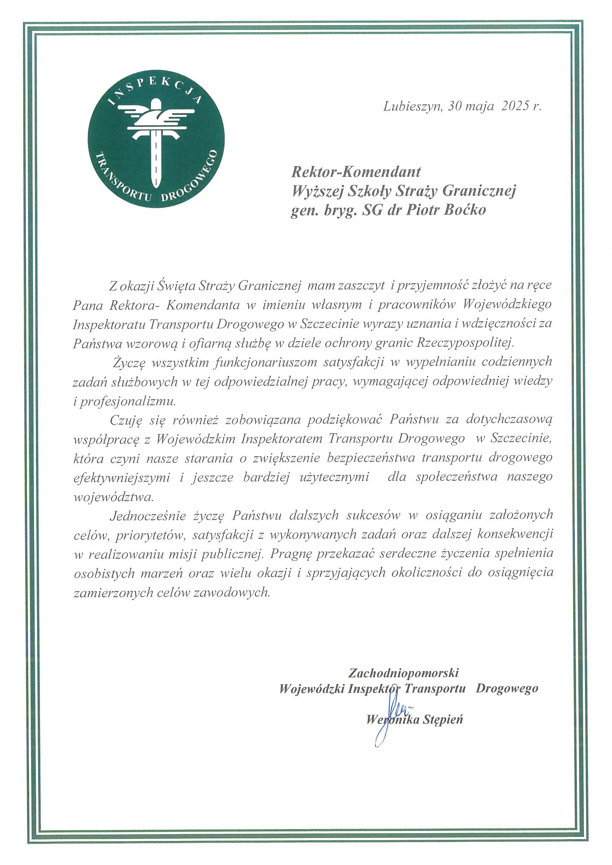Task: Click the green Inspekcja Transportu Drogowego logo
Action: pos(156,139)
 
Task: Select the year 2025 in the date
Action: pos(515,107)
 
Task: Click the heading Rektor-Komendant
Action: pos(356,172)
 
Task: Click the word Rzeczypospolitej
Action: pos(465,343)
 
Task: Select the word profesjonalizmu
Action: pos(128,401)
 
